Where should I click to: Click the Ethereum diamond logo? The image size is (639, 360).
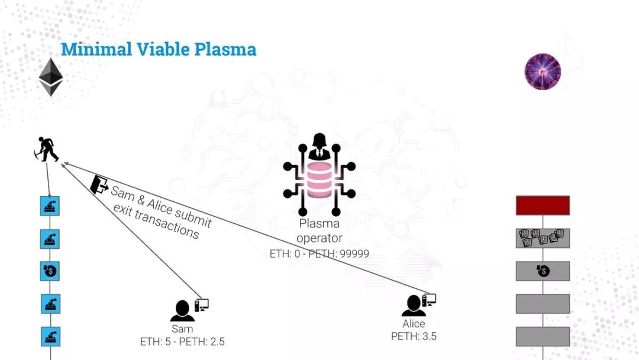[x=51, y=77]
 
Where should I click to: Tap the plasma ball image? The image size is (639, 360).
[x=543, y=72]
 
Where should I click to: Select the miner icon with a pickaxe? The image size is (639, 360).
[x=46, y=149]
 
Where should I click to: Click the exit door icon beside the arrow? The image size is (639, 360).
[x=98, y=184]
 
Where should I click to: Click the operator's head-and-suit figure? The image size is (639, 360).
[x=319, y=147]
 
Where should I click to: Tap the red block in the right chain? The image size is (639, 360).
[x=543, y=205]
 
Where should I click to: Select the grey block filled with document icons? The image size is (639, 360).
[x=543, y=238]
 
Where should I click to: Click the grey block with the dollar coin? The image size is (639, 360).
[x=543, y=271]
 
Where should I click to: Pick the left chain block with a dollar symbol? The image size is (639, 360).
[x=50, y=271]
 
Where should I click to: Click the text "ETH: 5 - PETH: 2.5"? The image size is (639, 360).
[x=182, y=342]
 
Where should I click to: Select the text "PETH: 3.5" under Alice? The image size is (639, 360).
[x=414, y=336]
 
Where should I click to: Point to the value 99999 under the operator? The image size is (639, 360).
[x=352, y=253]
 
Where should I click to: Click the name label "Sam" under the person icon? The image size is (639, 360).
[x=182, y=329]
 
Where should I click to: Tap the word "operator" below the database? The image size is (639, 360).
[x=319, y=238]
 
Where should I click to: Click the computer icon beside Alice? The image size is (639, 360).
[x=430, y=300]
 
